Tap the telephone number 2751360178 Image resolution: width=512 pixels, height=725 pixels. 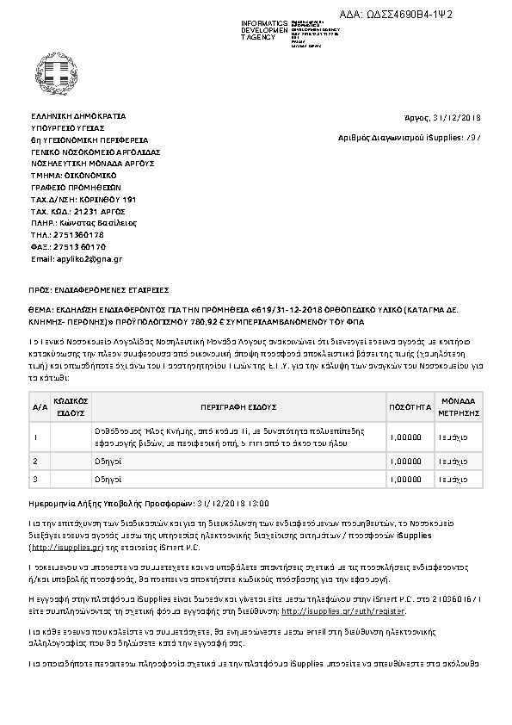79,234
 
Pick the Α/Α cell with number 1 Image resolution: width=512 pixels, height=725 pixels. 35,437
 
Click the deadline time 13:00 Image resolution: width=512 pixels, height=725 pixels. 259,502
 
